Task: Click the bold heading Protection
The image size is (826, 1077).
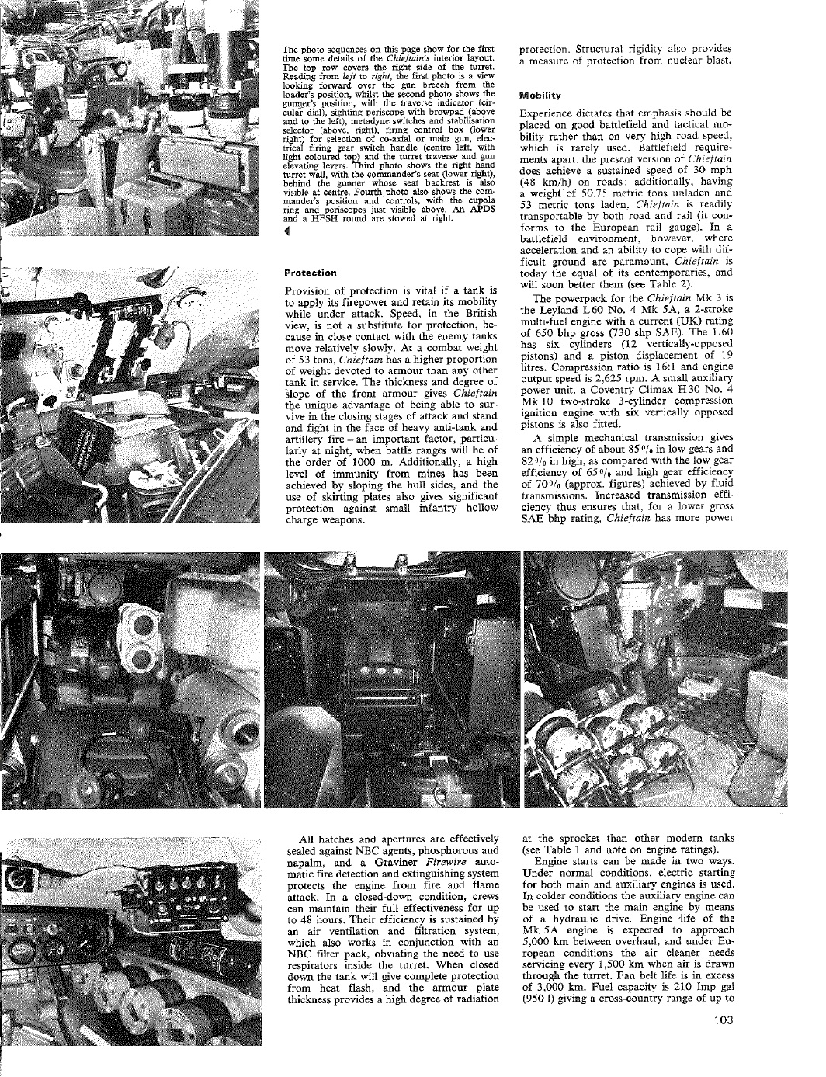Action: click(311, 273)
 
